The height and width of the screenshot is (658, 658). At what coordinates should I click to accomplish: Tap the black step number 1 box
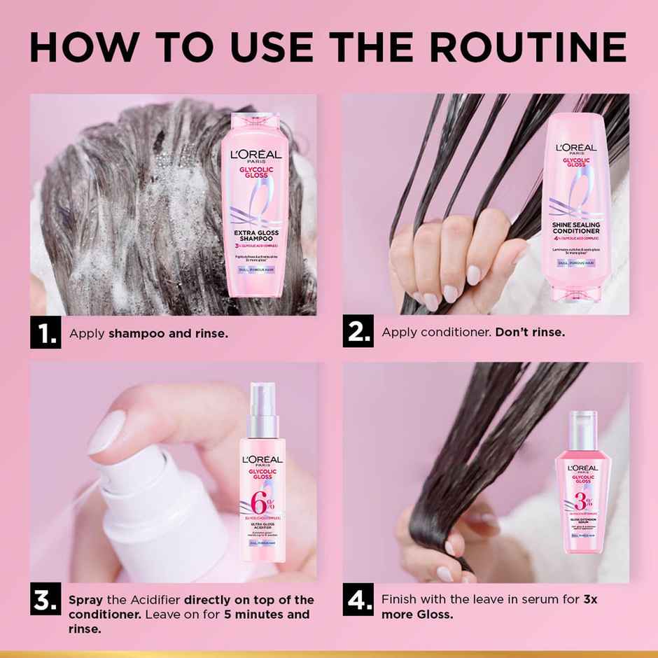click(44, 332)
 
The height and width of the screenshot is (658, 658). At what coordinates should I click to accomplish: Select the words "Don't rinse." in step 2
click(530, 332)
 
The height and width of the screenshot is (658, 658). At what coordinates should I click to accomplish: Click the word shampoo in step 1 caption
click(135, 333)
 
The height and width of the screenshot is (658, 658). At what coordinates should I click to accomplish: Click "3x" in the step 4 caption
click(589, 600)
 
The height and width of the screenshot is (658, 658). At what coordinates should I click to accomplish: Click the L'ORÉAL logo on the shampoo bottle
click(252, 154)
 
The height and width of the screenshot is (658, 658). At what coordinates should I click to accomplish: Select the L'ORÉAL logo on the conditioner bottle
click(576, 148)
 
